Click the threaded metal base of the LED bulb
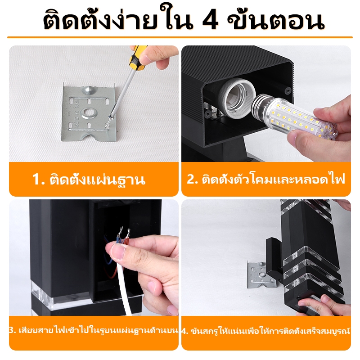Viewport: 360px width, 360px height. tap(261, 105)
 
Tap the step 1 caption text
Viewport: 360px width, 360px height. tap(89, 179)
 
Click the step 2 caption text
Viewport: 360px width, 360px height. tap(266, 179)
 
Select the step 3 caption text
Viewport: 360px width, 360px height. tap(94, 331)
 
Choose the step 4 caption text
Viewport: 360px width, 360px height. tap(266, 331)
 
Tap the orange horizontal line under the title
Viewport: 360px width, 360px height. tap(180, 37)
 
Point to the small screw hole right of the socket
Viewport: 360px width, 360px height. tap(287, 91)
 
